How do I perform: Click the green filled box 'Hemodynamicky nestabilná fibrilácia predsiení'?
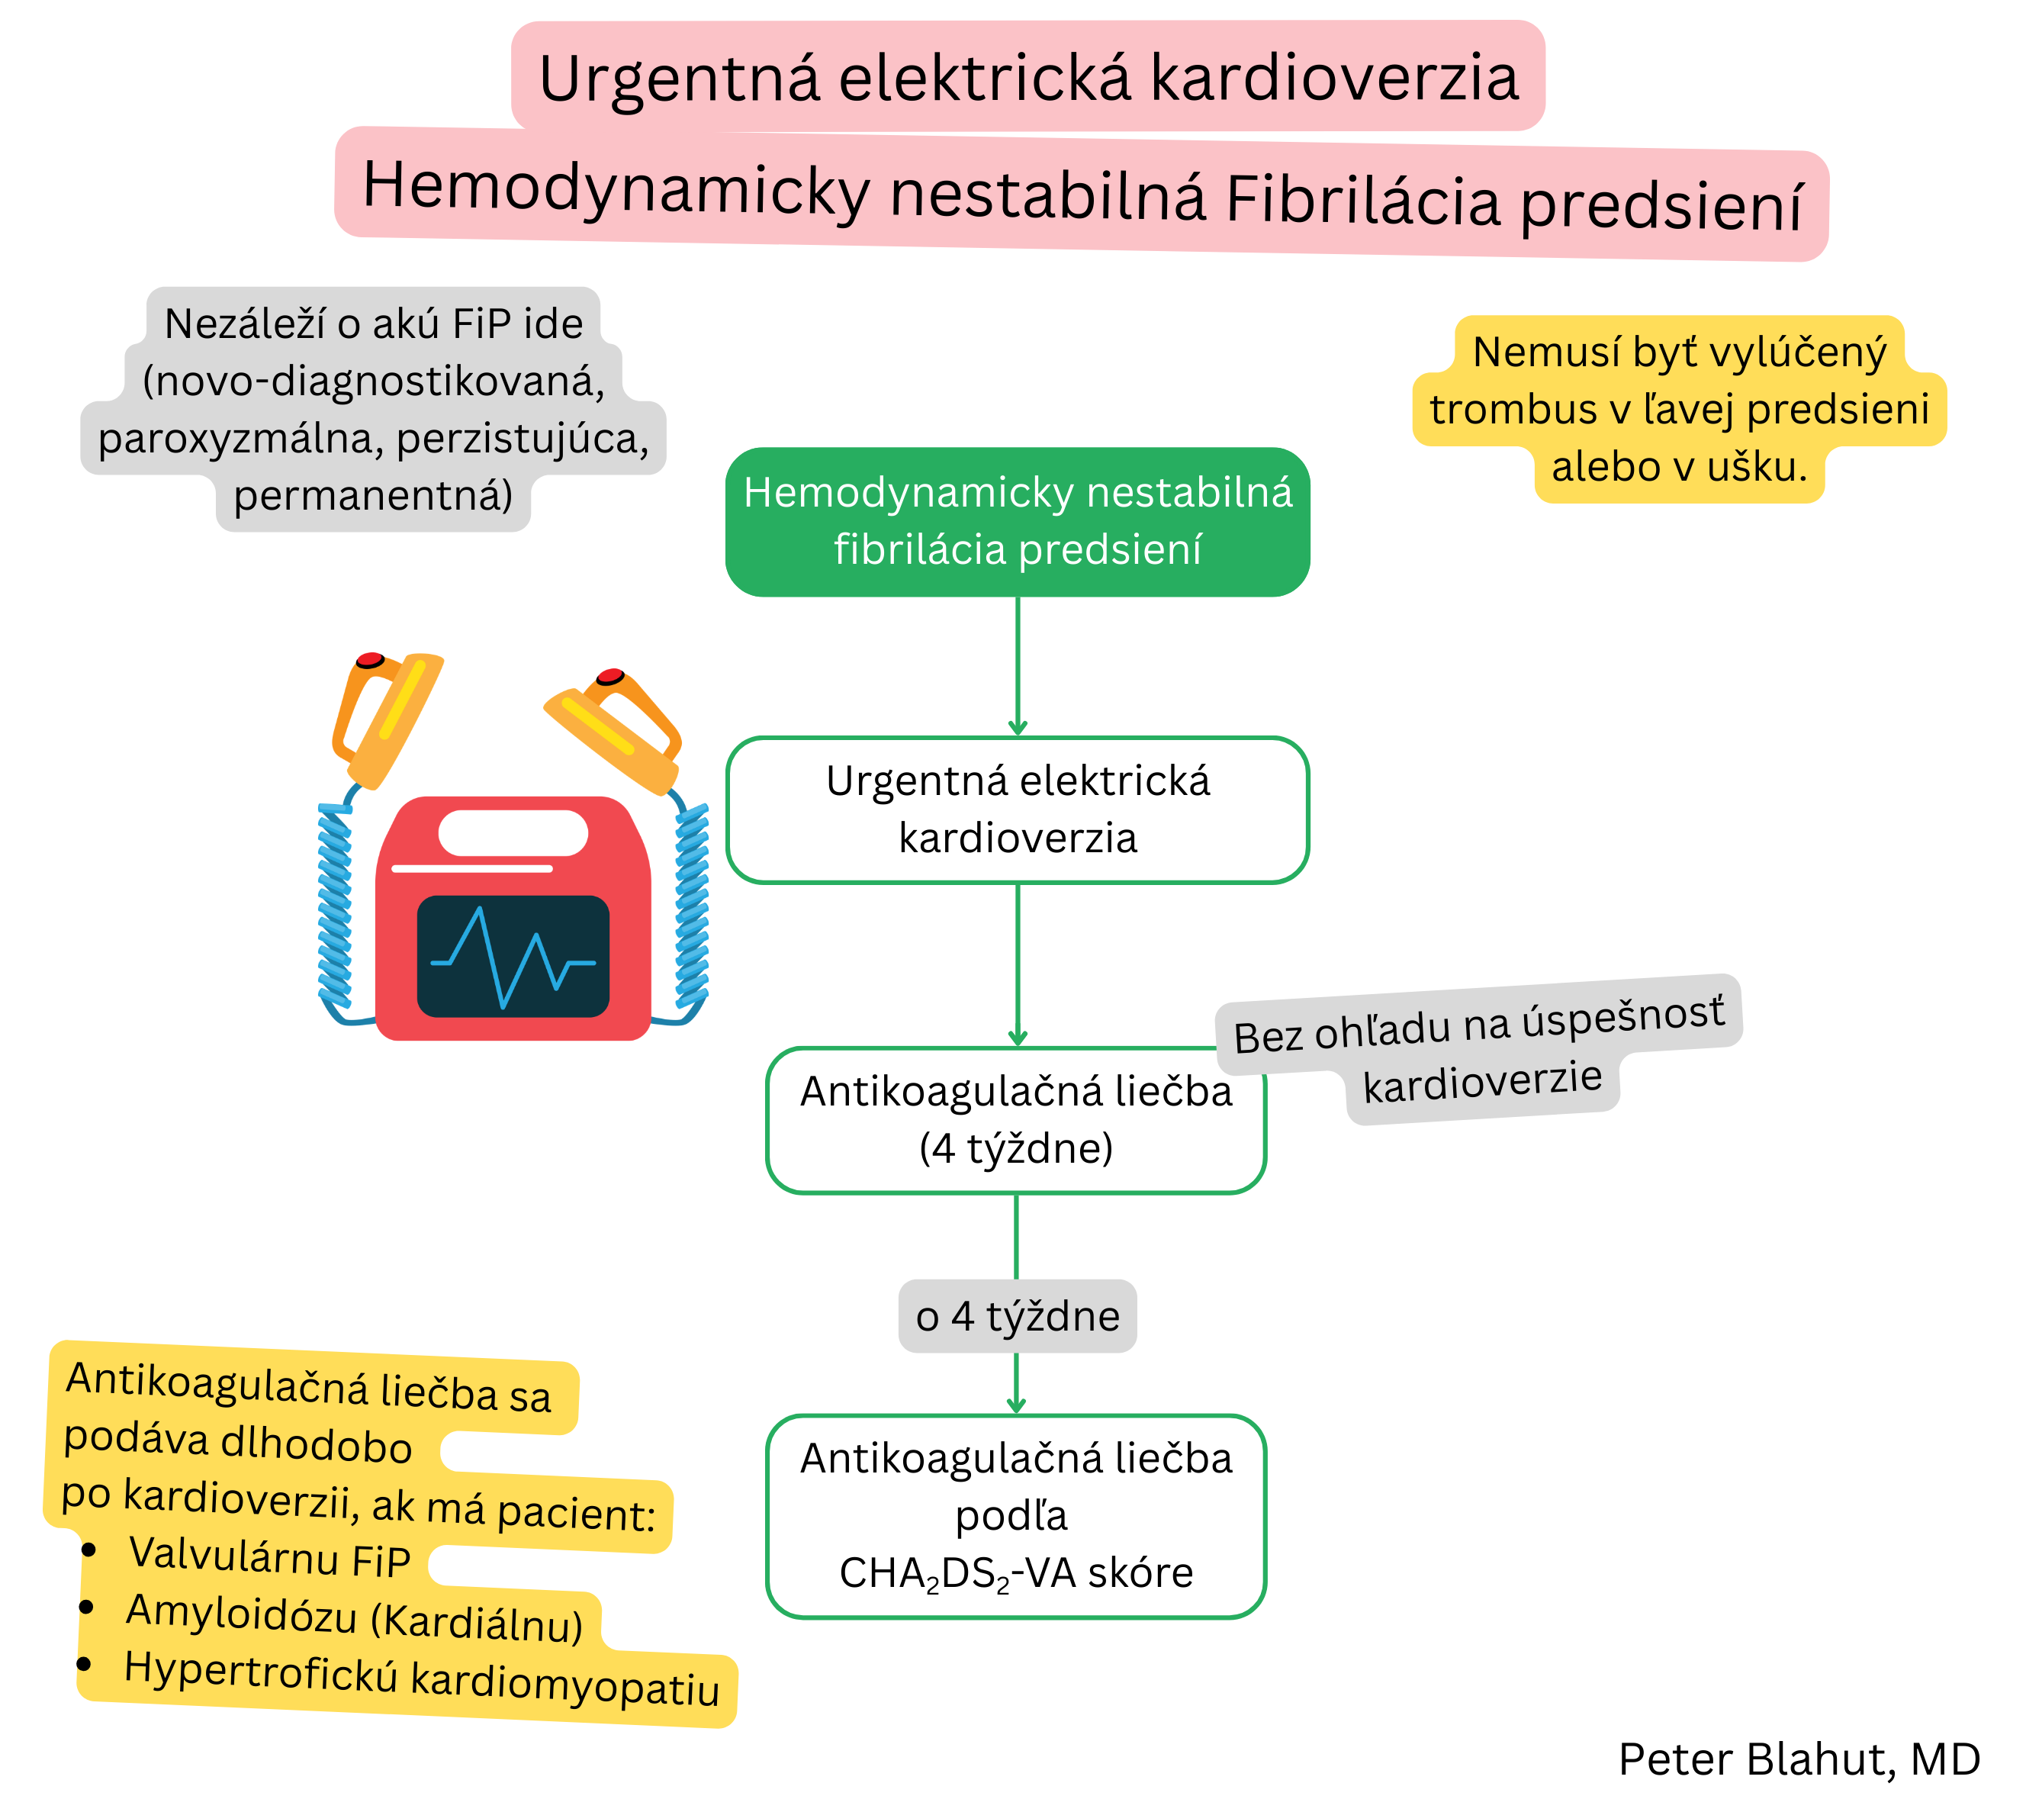[1017, 522]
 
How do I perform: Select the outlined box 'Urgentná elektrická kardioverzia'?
[1017, 809]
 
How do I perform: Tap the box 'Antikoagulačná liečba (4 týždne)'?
[1015, 1120]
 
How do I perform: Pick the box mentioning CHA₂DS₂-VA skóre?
[1015, 1515]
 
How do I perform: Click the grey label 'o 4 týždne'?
[1017, 1316]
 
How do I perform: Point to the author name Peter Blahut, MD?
[1798, 1759]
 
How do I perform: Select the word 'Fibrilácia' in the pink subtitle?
[1362, 199]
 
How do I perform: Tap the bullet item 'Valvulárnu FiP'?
[269, 1557]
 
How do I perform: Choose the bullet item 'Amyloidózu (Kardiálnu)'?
[353, 1616]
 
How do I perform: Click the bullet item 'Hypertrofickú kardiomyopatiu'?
[420, 1677]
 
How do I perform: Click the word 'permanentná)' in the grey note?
[373, 496]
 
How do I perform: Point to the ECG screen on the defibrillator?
[513, 956]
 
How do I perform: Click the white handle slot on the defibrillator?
[513, 832]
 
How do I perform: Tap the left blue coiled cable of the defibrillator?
[335, 906]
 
